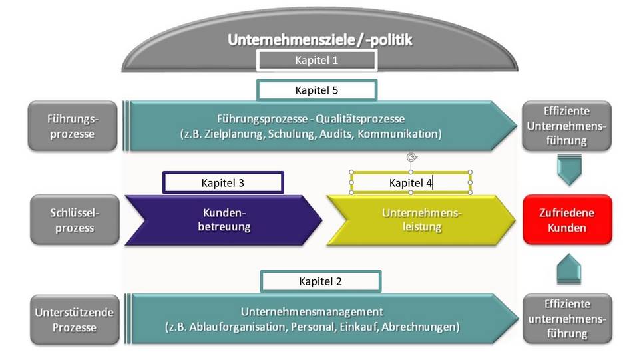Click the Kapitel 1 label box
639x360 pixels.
click(x=317, y=61)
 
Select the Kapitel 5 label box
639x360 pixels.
click(x=317, y=90)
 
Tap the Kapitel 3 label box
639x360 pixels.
click(x=223, y=182)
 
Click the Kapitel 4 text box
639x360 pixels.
click(x=411, y=182)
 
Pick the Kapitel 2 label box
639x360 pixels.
click(x=320, y=281)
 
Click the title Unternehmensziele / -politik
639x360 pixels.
click(x=320, y=40)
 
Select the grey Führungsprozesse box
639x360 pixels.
click(x=73, y=126)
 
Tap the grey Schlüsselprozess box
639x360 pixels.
click(x=73, y=220)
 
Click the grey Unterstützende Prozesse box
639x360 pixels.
click(x=73, y=319)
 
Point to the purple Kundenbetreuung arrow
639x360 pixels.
click(x=224, y=220)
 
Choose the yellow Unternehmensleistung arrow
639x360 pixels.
click(x=421, y=220)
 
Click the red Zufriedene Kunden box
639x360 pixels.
click(x=567, y=220)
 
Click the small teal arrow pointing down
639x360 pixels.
click(x=569, y=170)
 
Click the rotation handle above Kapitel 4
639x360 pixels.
click(x=411, y=158)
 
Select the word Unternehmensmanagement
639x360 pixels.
click(x=312, y=311)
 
